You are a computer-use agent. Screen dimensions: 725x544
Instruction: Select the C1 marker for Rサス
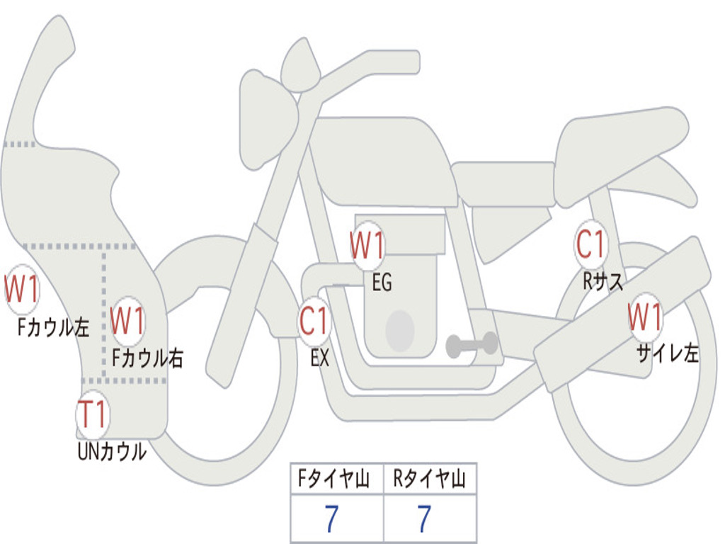tap(590, 245)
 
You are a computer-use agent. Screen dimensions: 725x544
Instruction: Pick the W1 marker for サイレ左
tap(646, 317)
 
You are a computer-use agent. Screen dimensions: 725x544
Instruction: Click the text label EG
tap(382, 283)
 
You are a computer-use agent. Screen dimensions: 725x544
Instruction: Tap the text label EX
tap(320, 358)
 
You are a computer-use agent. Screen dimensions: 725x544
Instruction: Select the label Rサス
tap(603, 282)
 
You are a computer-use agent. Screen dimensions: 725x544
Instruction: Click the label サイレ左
tap(667, 353)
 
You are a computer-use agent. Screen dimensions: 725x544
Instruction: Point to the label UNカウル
tap(112, 451)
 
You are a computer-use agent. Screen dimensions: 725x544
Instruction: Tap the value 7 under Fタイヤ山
tap(331, 520)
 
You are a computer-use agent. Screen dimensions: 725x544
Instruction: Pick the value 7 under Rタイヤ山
tap(424, 520)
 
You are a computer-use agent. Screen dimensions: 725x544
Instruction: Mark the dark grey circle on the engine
tap(400, 330)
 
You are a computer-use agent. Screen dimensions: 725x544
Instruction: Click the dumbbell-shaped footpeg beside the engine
tap(472, 345)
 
